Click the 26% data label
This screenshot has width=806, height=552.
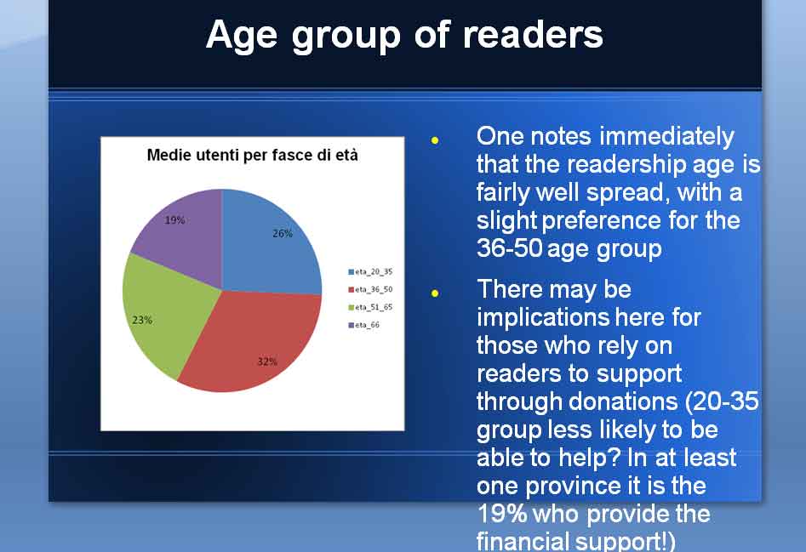coord(283,234)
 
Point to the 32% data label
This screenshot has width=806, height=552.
coord(267,361)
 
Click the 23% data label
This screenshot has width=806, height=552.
coord(142,320)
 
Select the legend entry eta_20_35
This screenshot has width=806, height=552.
coord(370,271)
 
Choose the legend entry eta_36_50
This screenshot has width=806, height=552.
coord(370,289)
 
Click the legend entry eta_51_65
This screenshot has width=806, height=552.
coord(370,307)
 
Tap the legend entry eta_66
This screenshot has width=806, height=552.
coord(364,325)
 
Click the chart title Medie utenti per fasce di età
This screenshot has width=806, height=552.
coord(253,155)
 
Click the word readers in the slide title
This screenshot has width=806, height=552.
coord(533,35)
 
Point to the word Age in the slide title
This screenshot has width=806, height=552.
coord(242,37)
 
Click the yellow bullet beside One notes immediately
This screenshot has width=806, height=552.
coord(435,140)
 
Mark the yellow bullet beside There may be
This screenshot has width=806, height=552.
coord(435,293)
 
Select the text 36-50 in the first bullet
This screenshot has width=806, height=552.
coord(510,248)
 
